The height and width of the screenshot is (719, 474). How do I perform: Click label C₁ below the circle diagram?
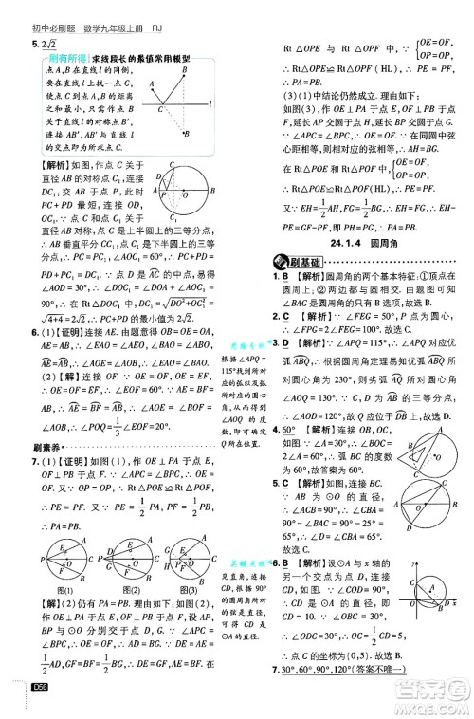(x=173, y=221)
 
